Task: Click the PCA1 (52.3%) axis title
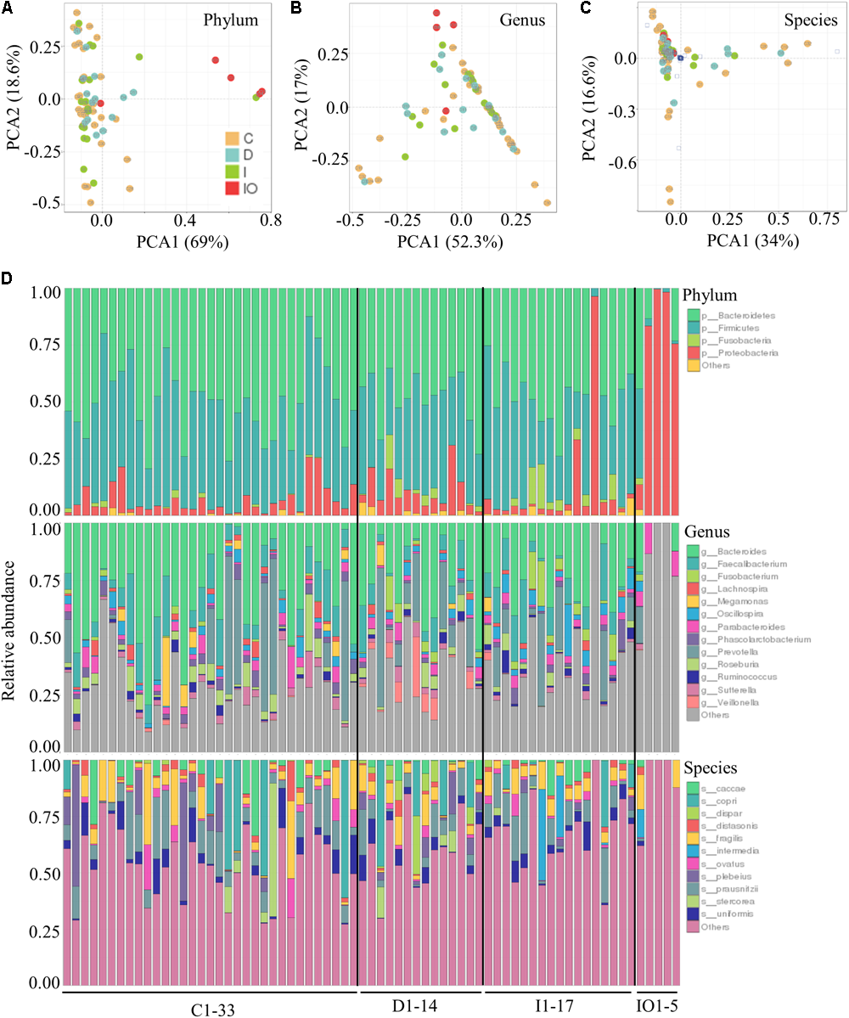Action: pos(456,241)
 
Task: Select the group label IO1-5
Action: pos(657,1008)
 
